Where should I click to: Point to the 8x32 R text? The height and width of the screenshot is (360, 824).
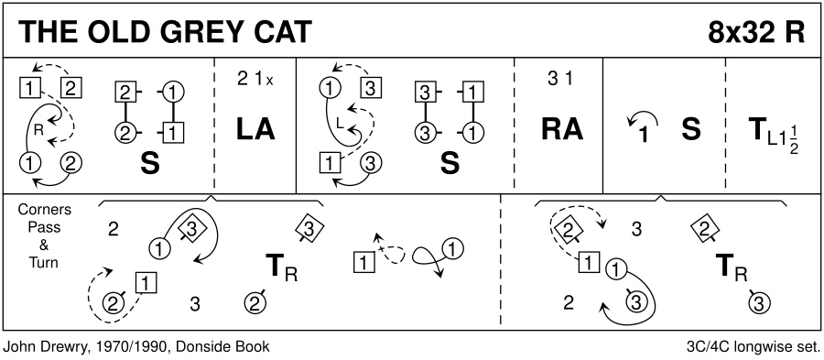(x=755, y=33)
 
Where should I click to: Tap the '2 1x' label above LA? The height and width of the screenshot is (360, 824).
(x=255, y=80)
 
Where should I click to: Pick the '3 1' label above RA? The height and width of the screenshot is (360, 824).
(x=560, y=80)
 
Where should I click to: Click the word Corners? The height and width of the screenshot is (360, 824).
(x=44, y=210)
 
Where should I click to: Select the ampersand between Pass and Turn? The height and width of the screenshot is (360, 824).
(x=44, y=245)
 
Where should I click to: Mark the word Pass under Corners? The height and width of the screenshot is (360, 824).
(x=44, y=227)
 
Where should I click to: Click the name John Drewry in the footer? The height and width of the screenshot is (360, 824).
(x=38, y=347)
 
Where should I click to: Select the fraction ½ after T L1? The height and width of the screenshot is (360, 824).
(x=794, y=141)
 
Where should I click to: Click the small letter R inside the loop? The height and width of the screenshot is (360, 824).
(x=38, y=131)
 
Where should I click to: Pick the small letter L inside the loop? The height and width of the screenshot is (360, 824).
(x=339, y=124)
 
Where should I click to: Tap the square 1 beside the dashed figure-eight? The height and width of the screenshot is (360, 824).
(x=364, y=261)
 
